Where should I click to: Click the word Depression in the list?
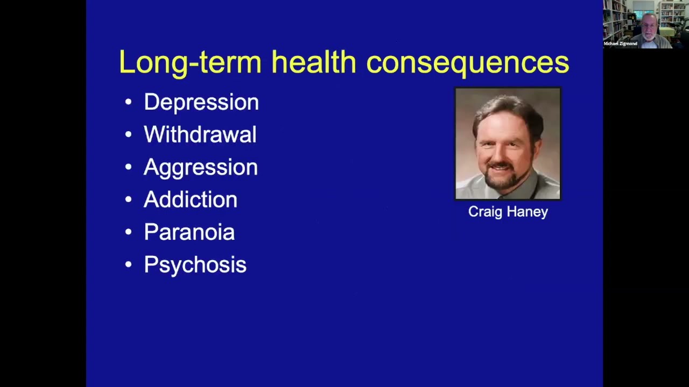click(x=201, y=102)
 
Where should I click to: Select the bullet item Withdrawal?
click(x=200, y=134)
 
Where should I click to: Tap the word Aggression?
click(x=200, y=167)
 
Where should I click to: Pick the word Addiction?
click(x=190, y=199)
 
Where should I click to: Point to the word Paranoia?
click(x=189, y=232)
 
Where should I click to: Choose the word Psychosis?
click(x=195, y=265)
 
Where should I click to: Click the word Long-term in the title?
click(x=189, y=62)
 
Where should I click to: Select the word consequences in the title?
click(x=467, y=62)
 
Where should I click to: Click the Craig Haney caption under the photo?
click(x=508, y=212)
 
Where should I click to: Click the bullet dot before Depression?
click(x=128, y=102)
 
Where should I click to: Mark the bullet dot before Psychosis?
click(x=128, y=265)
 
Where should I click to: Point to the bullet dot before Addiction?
click(x=128, y=200)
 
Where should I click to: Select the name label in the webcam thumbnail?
click(x=620, y=44)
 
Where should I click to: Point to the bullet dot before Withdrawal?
click(x=128, y=135)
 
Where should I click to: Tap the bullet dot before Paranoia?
click(x=128, y=232)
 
